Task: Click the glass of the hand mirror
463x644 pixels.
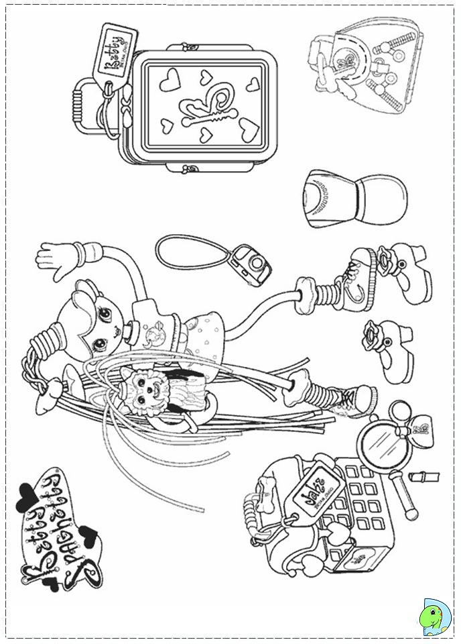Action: coord(379,443)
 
